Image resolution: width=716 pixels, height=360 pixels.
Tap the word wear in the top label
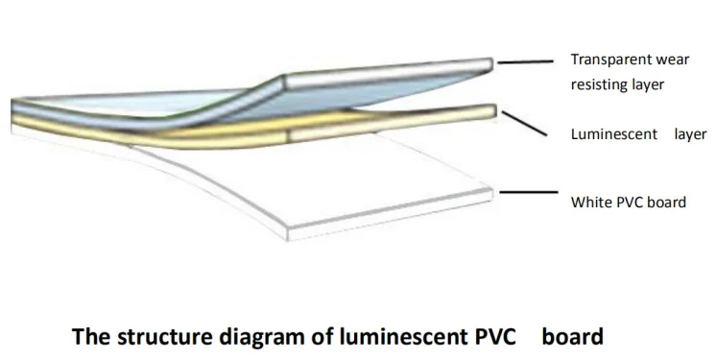coord(677,60)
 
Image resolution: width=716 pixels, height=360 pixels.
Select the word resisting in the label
coord(599,84)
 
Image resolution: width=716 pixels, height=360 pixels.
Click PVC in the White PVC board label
coord(629,203)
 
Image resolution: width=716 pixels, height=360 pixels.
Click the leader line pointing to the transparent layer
coord(525,60)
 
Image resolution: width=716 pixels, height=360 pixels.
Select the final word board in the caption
coord(572,337)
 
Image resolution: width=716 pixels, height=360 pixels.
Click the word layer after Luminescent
coord(690,134)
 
